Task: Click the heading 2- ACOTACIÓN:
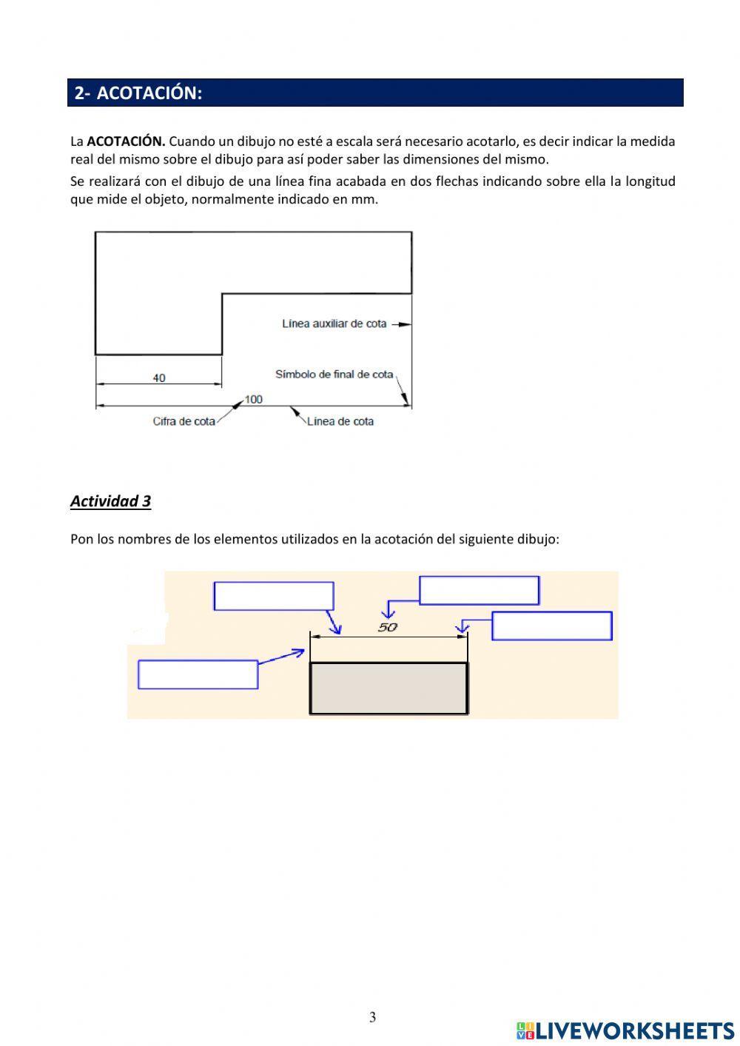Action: coord(138,93)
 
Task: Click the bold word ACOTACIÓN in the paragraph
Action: coord(125,141)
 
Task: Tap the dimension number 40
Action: coord(159,378)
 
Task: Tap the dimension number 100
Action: coord(253,400)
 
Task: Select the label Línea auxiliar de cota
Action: coord(334,323)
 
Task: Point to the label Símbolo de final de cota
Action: coord(334,375)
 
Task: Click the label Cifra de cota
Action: coord(184,421)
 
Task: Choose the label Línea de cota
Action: coord(340,421)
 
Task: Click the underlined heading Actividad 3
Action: coord(110,501)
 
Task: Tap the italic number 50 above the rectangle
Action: coord(388,627)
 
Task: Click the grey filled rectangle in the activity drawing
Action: coord(388,688)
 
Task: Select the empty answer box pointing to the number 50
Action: coord(479,591)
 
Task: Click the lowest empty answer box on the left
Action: coord(198,674)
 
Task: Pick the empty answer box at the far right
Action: coord(551,626)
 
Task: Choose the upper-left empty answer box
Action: coord(274,596)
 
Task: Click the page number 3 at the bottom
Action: coord(372,1017)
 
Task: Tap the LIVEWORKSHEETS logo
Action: coord(625,1030)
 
